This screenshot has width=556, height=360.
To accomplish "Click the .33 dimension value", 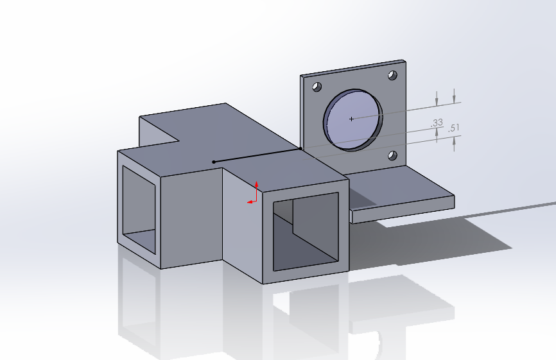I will coord(437,122).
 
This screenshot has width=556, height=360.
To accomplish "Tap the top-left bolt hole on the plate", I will coord(315,87).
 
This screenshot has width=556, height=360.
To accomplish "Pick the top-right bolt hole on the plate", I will coord(392,76).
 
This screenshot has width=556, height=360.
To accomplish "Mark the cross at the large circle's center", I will coord(351,119).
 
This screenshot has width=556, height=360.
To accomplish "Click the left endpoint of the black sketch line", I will coord(214,162).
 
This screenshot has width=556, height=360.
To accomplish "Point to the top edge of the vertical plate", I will coord(353,68).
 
